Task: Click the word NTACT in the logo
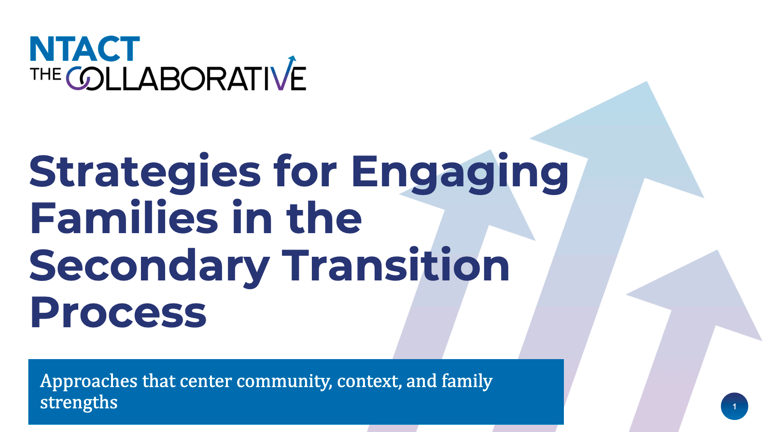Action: click(x=85, y=49)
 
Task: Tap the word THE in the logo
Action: click(x=45, y=74)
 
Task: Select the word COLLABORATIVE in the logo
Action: click(x=186, y=78)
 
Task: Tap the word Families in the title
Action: click(x=124, y=218)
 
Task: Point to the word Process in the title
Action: click(x=118, y=312)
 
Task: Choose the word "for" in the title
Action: click(x=305, y=170)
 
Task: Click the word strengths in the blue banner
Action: click(x=79, y=403)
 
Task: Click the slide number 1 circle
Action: click(x=734, y=406)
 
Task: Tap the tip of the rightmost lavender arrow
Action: click(x=717, y=250)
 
